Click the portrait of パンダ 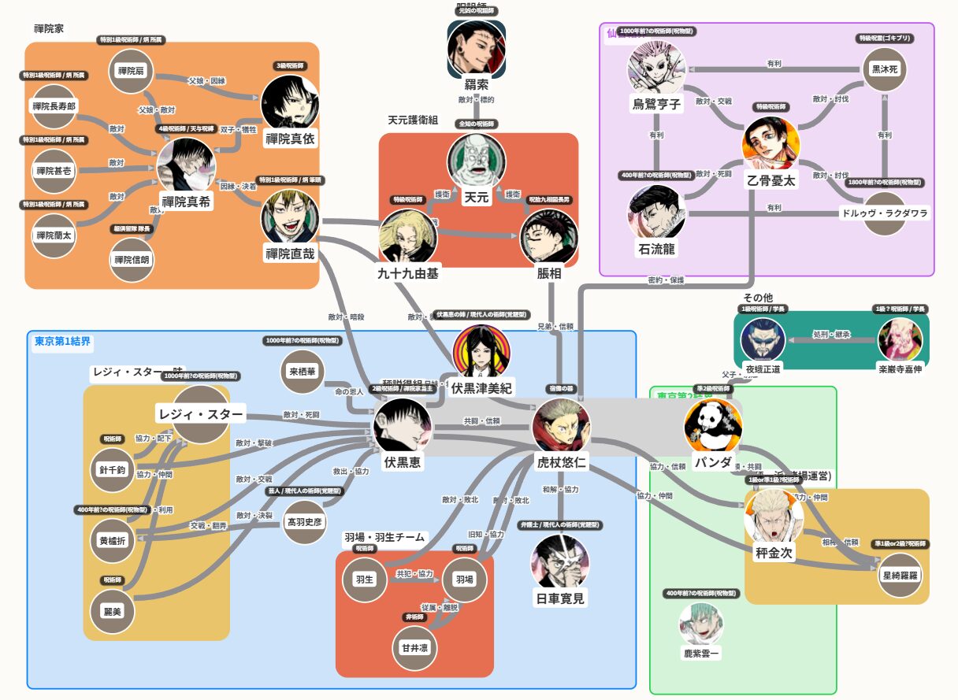coord(713,428)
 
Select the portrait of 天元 coord(476,161)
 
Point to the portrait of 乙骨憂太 coord(771,145)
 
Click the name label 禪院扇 coord(130,71)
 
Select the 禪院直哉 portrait coord(289,217)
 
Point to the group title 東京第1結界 coord(63,342)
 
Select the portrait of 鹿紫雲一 coord(701,624)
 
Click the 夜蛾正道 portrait coord(764,340)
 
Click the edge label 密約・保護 coord(666,280)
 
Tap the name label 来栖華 coord(302,371)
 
